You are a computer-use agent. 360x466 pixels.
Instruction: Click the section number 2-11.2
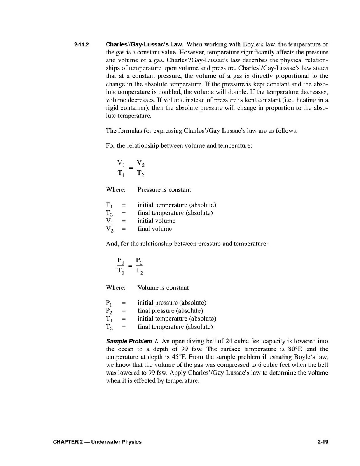[82, 44]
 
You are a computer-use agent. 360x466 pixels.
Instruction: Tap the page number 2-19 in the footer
[323, 441]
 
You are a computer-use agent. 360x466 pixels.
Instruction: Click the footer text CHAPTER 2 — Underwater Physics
[98, 441]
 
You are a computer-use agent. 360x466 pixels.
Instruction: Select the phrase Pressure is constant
[164, 190]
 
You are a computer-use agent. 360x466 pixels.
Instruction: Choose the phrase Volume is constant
[163, 288]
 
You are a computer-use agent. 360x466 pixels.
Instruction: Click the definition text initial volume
[156, 221]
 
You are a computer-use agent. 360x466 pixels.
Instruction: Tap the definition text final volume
[154, 229]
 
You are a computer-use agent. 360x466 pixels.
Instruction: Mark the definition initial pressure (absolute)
[172, 303]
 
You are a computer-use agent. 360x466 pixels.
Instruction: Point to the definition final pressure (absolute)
[170, 311]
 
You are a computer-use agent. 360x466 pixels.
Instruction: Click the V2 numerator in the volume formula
[140, 163]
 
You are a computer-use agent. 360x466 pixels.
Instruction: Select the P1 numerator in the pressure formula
[121, 261]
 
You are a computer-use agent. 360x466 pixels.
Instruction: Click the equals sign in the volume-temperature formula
[131, 168]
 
